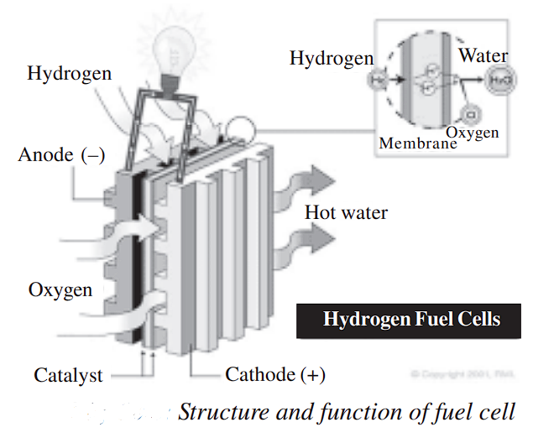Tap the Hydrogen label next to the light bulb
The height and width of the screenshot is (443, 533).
69,74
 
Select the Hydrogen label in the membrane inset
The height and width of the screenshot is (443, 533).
331,59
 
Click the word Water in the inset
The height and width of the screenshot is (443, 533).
483,57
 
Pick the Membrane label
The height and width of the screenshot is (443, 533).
417,143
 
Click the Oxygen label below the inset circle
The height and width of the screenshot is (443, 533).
473,133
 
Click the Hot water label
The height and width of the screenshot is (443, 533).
346,213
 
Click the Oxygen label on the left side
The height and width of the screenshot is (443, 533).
60,290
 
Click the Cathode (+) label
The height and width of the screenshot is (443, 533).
275,375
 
